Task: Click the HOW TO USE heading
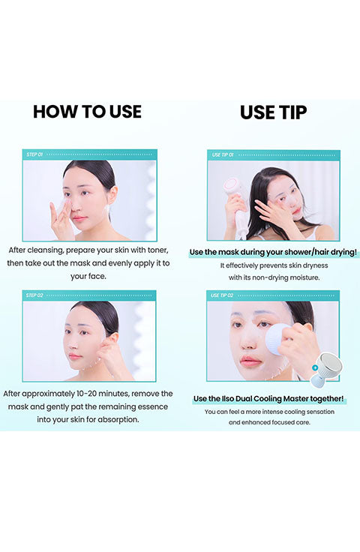tap(87, 112)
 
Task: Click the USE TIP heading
tap(273, 112)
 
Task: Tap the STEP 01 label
tap(34, 154)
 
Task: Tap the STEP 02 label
tap(34, 295)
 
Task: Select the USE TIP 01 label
tap(223, 155)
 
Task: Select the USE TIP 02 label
tap(222, 295)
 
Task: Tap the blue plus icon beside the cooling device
tap(315, 367)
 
